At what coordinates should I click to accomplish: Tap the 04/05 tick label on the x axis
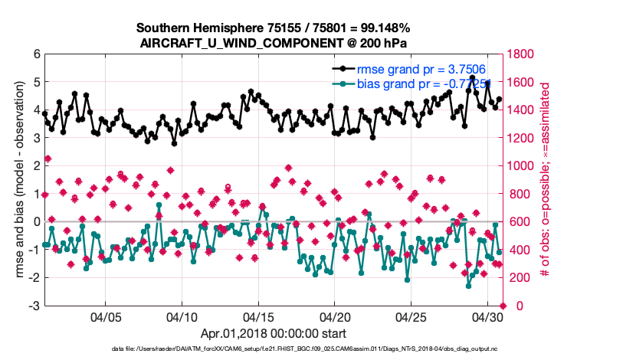click(107, 317)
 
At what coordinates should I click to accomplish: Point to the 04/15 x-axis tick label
click(259, 317)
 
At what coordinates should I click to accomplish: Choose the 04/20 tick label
click(335, 317)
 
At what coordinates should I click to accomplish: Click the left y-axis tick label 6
click(36, 54)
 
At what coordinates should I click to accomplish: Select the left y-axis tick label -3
click(34, 306)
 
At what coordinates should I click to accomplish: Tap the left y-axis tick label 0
click(36, 222)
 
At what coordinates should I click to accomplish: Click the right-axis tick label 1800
click(523, 54)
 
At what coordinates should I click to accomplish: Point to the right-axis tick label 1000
click(523, 166)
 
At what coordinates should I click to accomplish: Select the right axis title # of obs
click(546, 180)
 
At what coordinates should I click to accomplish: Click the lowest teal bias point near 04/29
click(469, 286)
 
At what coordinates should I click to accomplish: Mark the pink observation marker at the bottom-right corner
click(503, 306)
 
